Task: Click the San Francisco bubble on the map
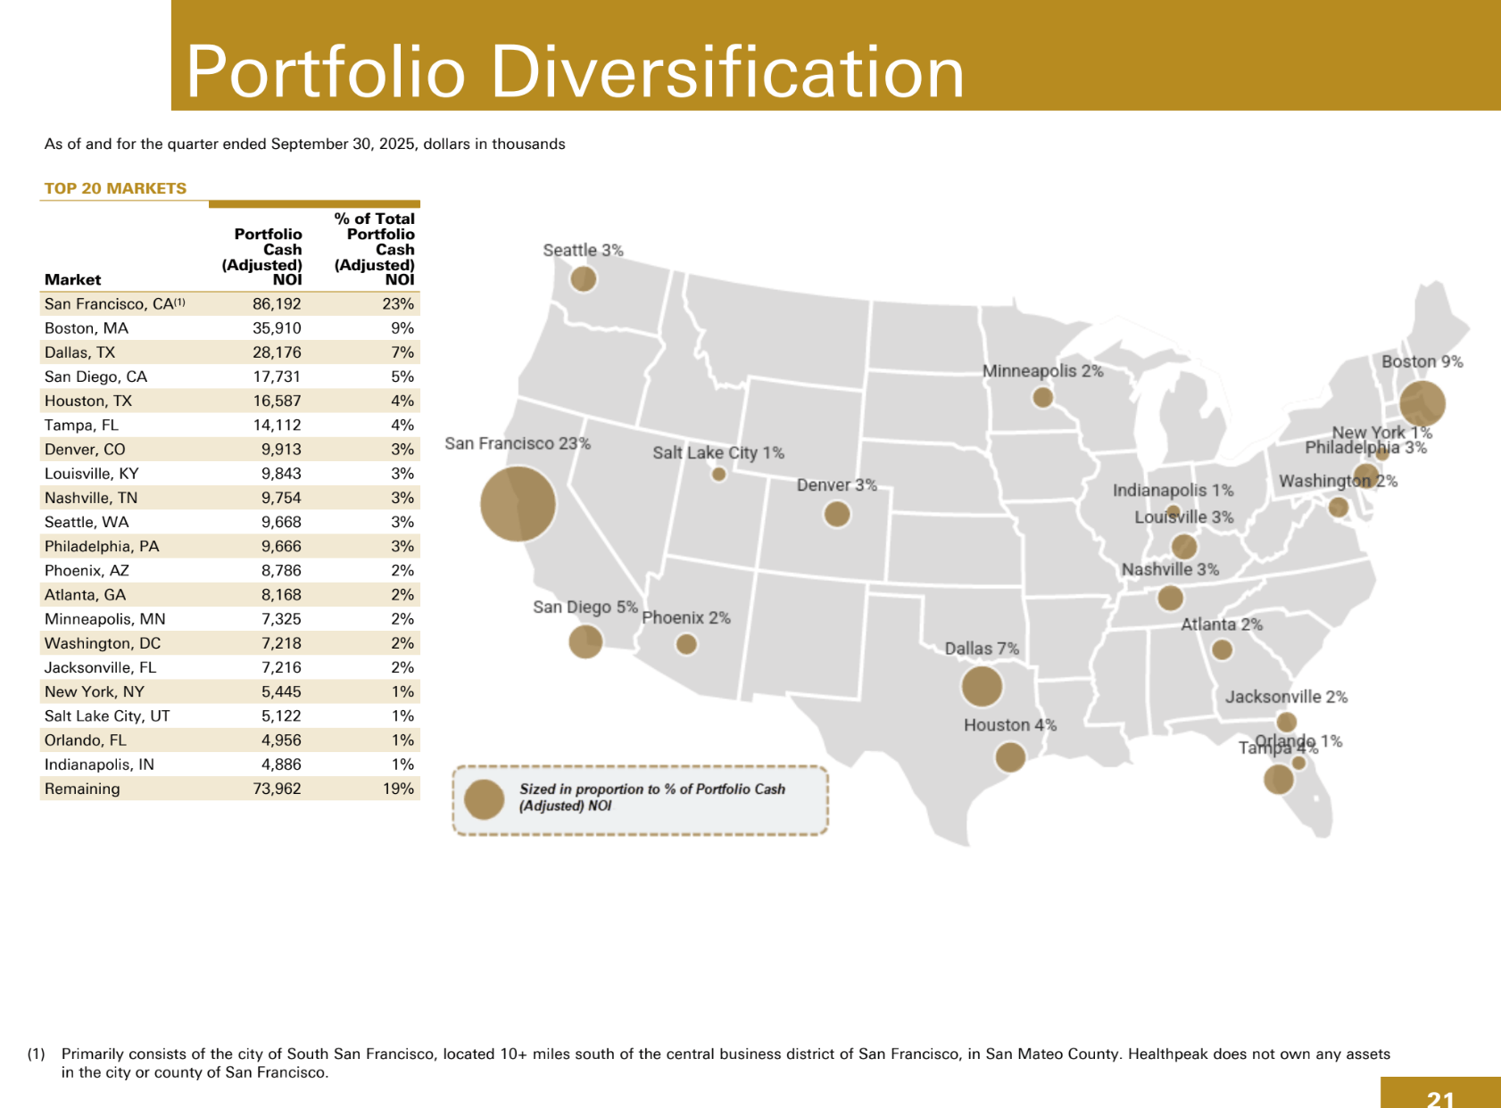[518, 504]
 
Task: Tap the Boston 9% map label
[1422, 361]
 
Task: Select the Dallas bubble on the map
[982, 686]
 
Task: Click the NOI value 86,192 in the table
[277, 304]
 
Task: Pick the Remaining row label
[82, 789]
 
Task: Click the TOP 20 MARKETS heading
[115, 188]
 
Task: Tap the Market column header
[72, 279]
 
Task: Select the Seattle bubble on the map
[583, 278]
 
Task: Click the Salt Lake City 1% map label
[717, 452]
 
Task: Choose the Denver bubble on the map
[836, 514]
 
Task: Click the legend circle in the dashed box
[485, 799]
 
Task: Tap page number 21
[1440, 1098]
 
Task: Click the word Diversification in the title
[727, 71]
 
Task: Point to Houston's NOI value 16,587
[277, 401]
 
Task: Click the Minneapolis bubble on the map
[1042, 397]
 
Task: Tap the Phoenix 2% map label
[685, 617]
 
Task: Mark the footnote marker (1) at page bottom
[36, 1054]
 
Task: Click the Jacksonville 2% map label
[1285, 697]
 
